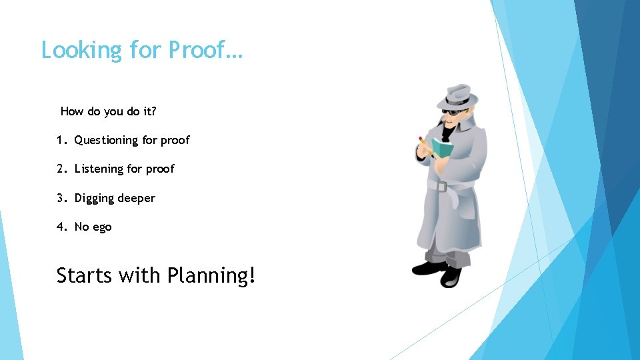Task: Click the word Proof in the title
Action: (x=197, y=50)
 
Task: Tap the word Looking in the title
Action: (x=81, y=51)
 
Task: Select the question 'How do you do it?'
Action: (x=109, y=111)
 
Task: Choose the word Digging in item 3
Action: (x=94, y=198)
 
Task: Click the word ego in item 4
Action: (x=102, y=227)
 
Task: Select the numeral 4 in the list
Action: (x=61, y=227)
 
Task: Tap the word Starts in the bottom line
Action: (x=85, y=275)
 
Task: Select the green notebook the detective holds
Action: (x=441, y=147)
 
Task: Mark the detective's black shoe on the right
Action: (x=451, y=275)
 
